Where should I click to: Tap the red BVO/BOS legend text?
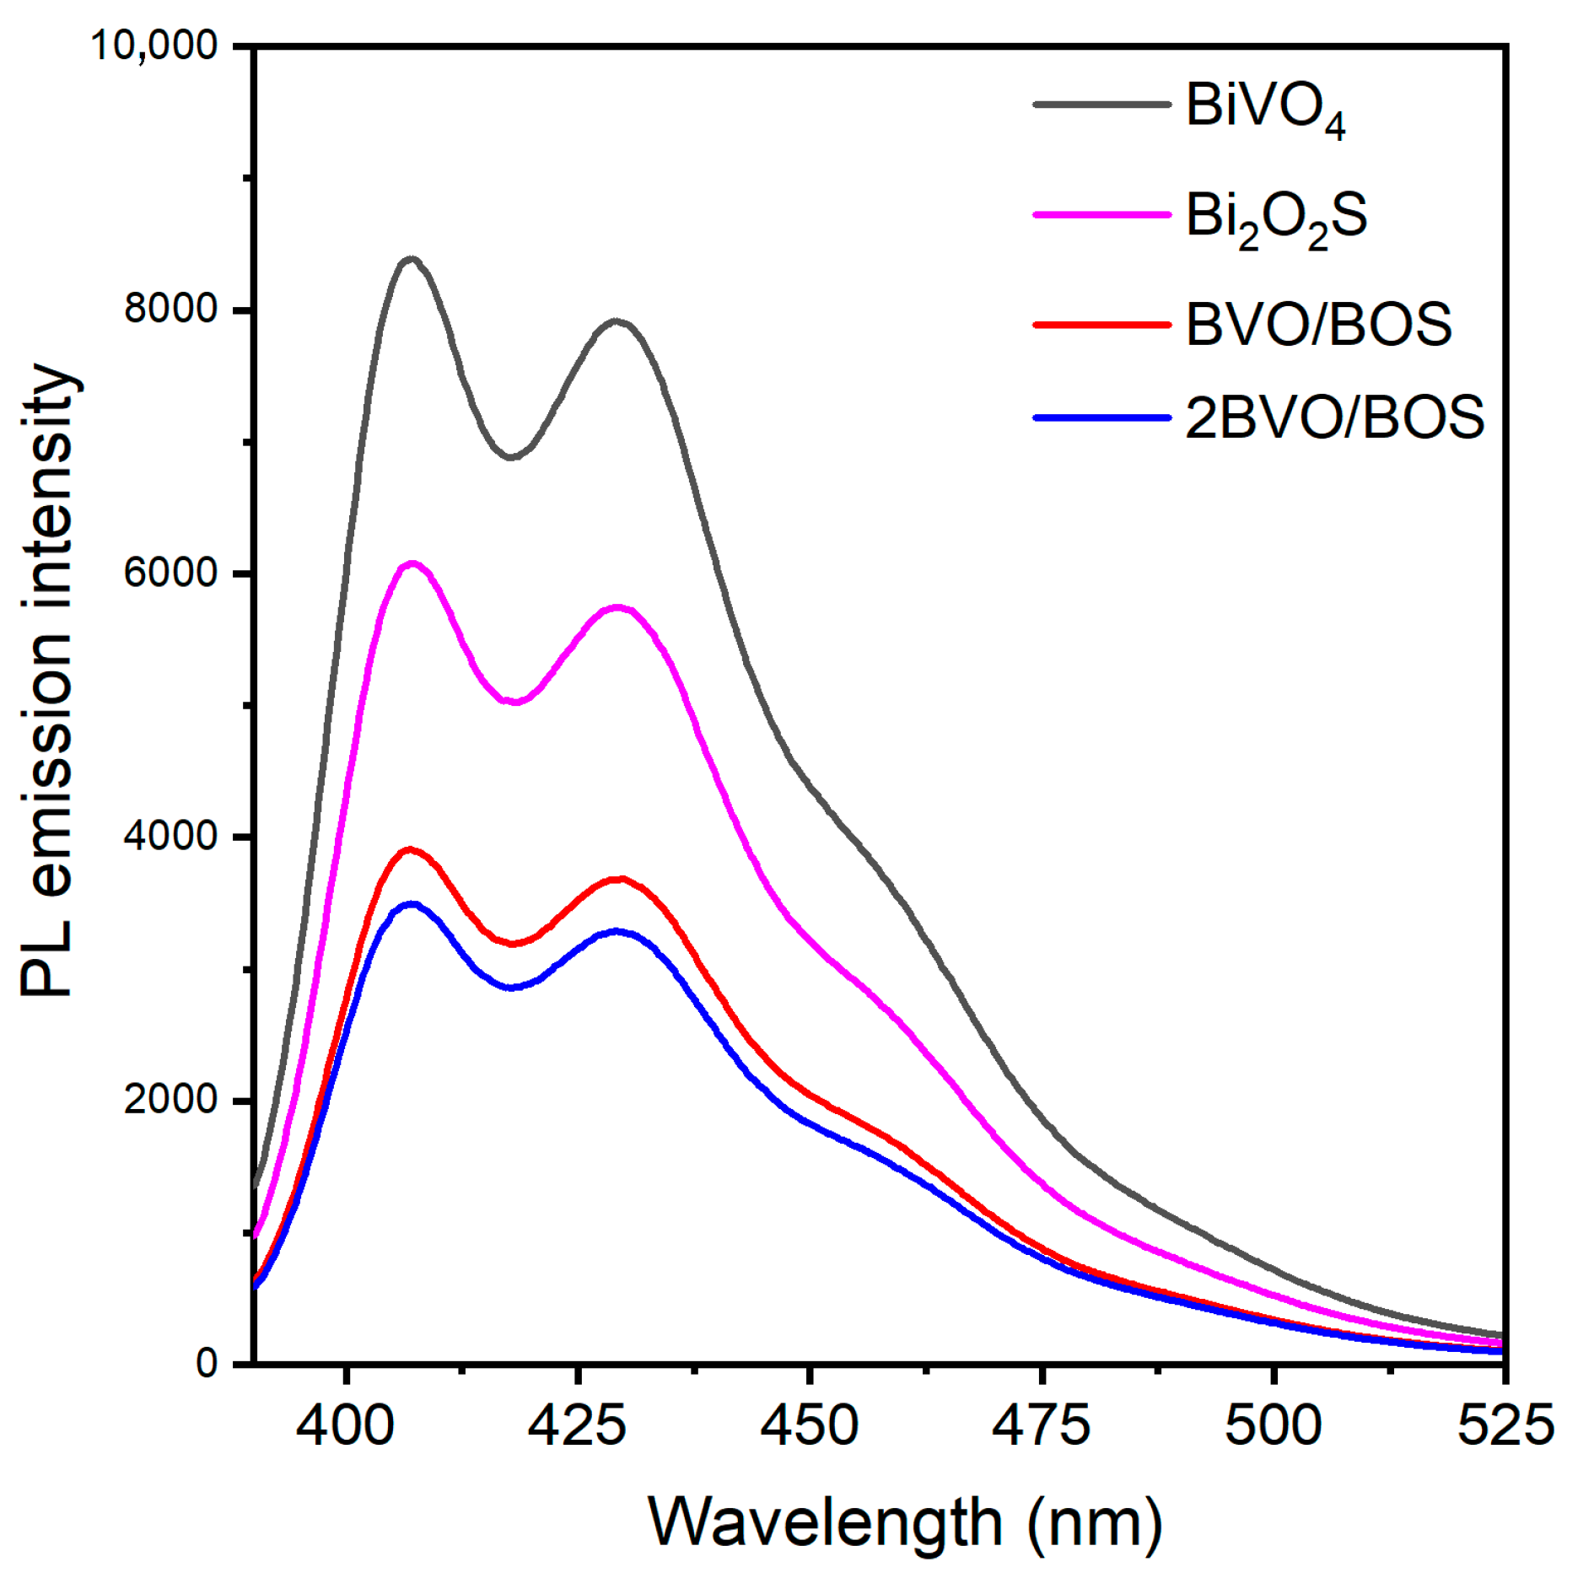1318,325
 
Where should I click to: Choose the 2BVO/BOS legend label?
1334,417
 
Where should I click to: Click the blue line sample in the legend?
1101,417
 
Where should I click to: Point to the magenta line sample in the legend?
1101,215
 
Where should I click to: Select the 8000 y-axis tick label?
171,309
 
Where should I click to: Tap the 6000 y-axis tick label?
171,573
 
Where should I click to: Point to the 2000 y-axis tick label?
171,1100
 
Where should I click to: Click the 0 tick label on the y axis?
207,1364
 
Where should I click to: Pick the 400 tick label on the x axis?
345,1426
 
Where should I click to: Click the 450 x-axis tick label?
809,1426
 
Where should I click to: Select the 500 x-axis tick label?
1273,1426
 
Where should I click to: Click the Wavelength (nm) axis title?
905,1525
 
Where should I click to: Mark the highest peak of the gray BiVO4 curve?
412,259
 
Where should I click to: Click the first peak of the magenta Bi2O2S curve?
412,563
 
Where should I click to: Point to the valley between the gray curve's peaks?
512,457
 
